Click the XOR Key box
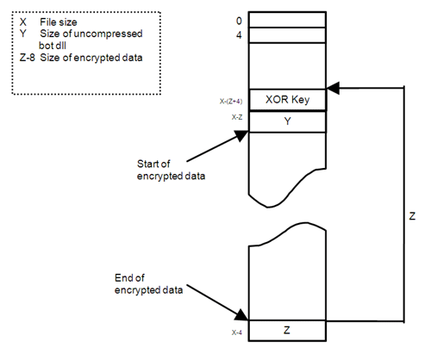(x=288, y=100)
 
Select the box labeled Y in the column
(x=288, y=121)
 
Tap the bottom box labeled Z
(x=287, y=331)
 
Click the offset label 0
(x=239, y=21)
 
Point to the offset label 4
(x=239, y=35)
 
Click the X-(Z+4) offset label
(x=231, y=102)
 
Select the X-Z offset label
(x=237, y=117)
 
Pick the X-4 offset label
(x=237, y=332)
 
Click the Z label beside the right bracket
(x=412, y=216)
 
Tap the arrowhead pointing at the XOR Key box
(x=333, y=88)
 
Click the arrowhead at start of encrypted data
(x=241, y=135)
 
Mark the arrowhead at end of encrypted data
(x=241, y=315)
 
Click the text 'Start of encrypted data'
(x=171, y=170)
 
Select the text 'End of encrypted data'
(x=148, y=284)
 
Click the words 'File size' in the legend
(x=59, y=22)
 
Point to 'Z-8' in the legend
(x=27, y=58)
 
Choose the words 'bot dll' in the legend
(x=53, y=46)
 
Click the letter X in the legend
(x=23, y=22)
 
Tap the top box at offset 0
(x=287, y=20)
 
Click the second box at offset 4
(x=287, y=35)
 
